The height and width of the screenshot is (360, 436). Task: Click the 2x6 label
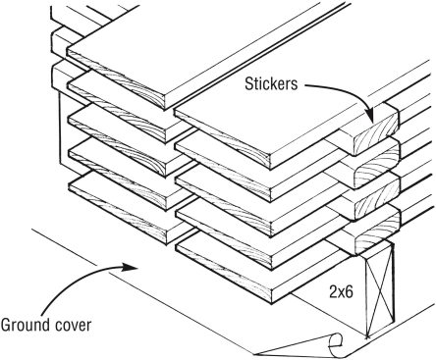341,291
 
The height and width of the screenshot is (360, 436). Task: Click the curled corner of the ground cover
333,344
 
